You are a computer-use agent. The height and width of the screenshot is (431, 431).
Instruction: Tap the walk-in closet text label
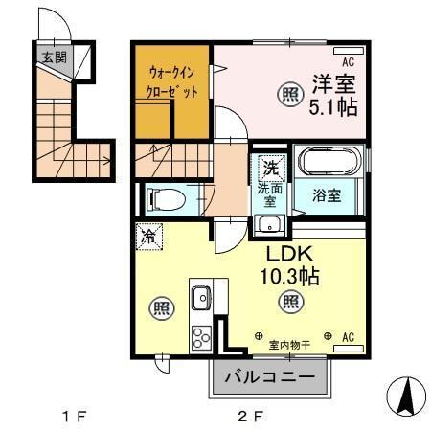[173, 82]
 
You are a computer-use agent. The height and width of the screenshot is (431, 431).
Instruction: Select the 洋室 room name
[331, 82]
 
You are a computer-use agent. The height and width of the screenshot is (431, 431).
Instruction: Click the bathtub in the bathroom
[328, 162]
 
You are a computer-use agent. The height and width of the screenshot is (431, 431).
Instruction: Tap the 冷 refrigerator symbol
[148, 236]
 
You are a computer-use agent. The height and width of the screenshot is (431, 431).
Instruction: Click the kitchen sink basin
[201, 299]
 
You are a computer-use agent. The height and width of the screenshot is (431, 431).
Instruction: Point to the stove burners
[203, 337]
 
